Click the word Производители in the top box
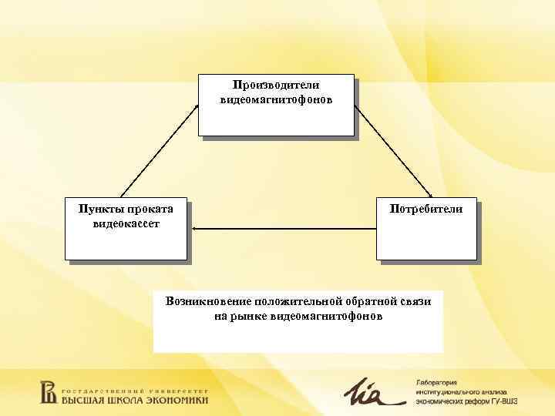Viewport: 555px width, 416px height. click(276, 86)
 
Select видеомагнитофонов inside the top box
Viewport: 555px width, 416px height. click(276, 100)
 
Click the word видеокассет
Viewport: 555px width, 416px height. click(126, 223)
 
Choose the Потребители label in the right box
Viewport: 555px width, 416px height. click(426, 209)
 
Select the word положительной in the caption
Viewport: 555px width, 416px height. click(294, 301)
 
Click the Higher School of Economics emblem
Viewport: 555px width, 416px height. click(48, 392)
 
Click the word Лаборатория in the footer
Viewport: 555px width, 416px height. click(436, 382)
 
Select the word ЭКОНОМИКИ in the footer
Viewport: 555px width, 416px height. click(179, 400)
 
